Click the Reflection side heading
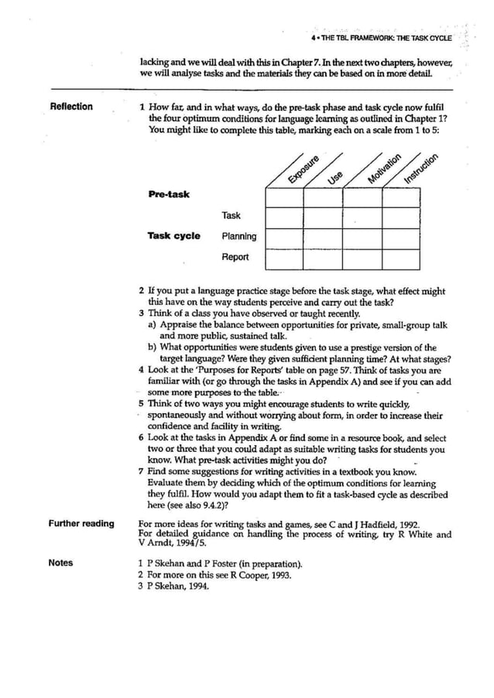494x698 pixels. (x=70, y=107)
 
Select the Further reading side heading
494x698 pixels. (x=81, y=524)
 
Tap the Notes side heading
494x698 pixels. (x=60, y=563)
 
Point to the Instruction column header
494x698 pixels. (x=421, y=169)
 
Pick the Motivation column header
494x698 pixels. (x=384, y=169)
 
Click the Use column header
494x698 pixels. (x=335, y=177)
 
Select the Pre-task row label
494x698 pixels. (x=168, y=194)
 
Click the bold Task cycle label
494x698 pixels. (x=173, y=236)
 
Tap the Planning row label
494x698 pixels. (x=238, y=236)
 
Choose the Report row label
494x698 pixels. (x=235, y=258)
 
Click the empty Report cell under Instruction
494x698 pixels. (x=402, y=258)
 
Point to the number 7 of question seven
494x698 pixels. (x=141, y=471)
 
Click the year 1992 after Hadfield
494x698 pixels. (x=404, y=524)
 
